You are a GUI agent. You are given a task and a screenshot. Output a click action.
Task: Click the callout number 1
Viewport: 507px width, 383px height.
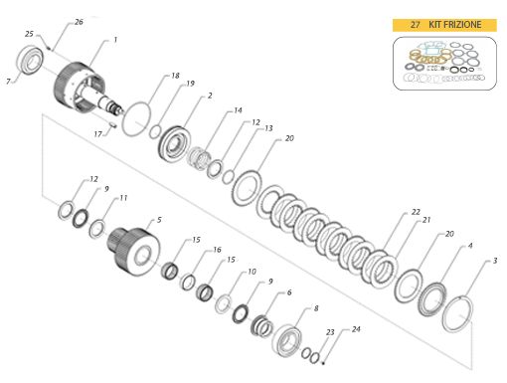[115, 40]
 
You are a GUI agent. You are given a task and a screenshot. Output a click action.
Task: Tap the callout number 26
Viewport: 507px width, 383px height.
[79, 22]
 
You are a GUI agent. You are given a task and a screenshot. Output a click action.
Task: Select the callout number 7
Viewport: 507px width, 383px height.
[9, 81]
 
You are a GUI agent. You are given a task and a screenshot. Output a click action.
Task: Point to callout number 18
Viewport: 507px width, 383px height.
[175, 76]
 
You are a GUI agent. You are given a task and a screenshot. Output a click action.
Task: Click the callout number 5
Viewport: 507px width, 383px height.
[158, 219]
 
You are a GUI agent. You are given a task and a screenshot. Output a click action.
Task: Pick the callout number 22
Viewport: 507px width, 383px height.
[416, 212]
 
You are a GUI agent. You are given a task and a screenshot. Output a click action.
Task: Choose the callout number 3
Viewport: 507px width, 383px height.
[495, 261]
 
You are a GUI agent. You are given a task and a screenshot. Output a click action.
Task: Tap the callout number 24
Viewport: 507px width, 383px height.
[356, 329]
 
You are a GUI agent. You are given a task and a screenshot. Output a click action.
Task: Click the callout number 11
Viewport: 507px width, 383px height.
[123, 198]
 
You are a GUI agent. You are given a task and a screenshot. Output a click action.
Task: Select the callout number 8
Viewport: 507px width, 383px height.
[316, 309]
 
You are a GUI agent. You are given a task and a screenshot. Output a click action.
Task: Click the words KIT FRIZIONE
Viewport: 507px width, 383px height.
[456, 24]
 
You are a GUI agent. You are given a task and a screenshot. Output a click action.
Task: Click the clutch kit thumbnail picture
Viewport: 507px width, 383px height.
[442, 64]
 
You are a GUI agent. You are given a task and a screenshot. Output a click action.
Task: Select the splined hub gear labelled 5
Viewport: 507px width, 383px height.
[132, 248]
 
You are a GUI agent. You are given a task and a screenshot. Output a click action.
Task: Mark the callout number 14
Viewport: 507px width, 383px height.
[238, 110]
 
